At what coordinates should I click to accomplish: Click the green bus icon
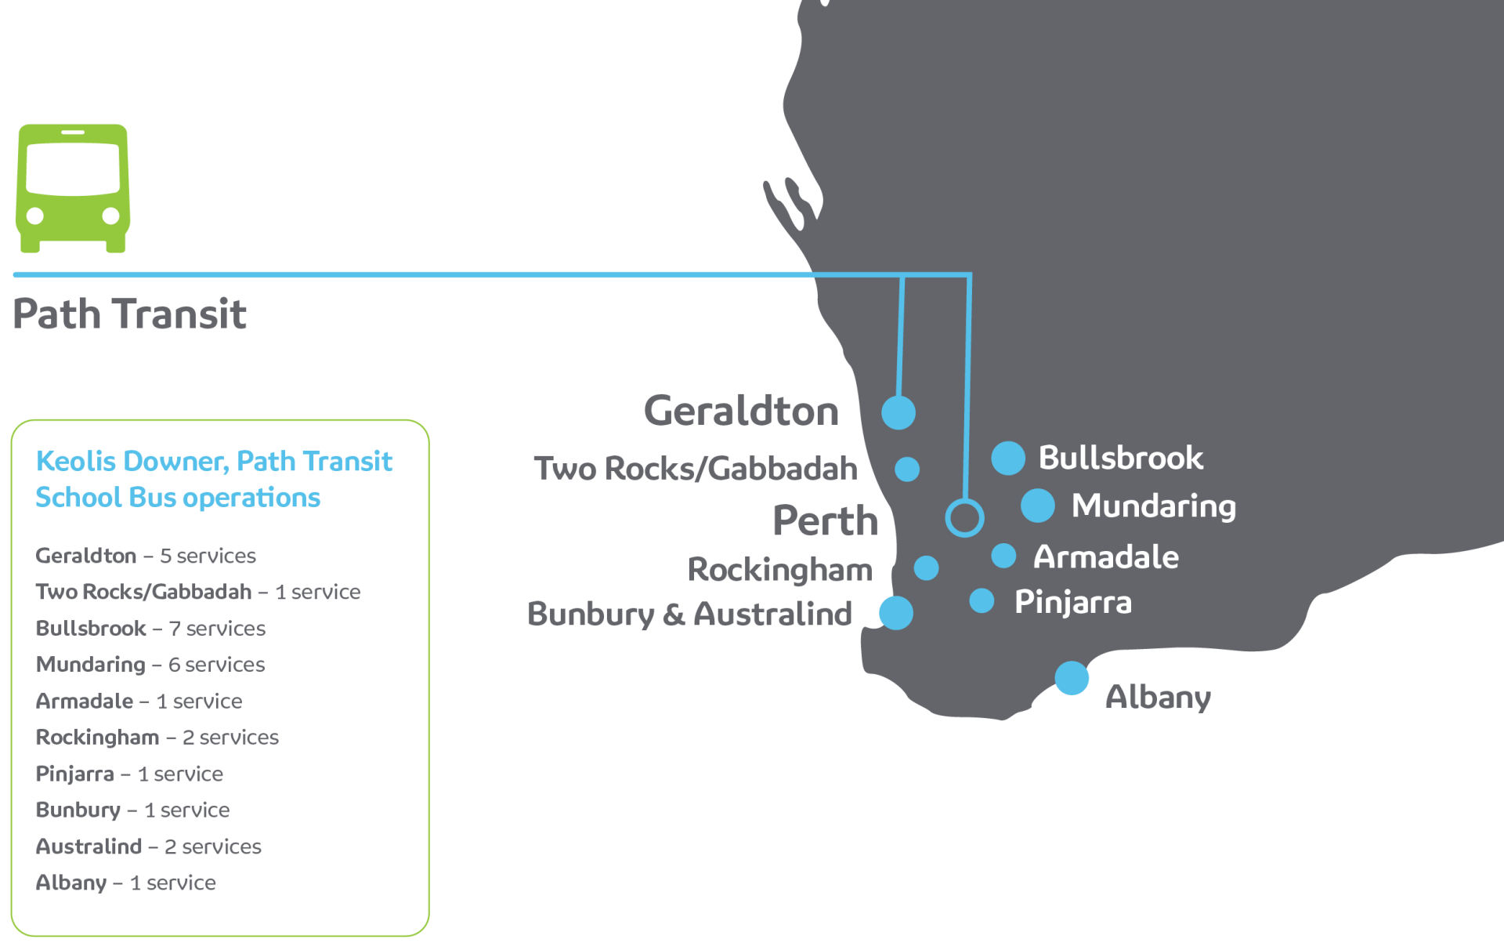pos(73,187)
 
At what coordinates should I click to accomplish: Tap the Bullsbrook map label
pos(1120,458)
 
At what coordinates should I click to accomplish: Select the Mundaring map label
pos(1153,506)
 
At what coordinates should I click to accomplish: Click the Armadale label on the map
pos(1105,557)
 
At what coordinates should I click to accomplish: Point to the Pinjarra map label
pos(1072,602)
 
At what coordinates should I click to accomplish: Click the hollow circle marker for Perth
pos(964,517)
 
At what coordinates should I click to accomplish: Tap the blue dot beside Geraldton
pos(898,412)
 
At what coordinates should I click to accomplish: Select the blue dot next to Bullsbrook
pos(1008,458)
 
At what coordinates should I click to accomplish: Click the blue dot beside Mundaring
pos(1038,506)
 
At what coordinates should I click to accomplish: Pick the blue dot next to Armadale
pos(1003,556)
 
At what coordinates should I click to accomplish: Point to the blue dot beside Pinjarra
pos(982,601)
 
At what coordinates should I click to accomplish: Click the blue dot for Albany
pos(1072,678)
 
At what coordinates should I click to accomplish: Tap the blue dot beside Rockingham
pos(926,567)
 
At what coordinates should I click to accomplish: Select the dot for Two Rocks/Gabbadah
pos(907,469)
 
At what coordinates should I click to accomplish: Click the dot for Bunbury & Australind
pos(895,613)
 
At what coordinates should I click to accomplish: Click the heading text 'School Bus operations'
pos(178,498)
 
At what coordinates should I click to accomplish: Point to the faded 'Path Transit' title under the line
pos(130,314)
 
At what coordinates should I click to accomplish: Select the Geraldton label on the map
pos(741,411)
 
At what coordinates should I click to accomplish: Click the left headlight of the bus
pos(35,216)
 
